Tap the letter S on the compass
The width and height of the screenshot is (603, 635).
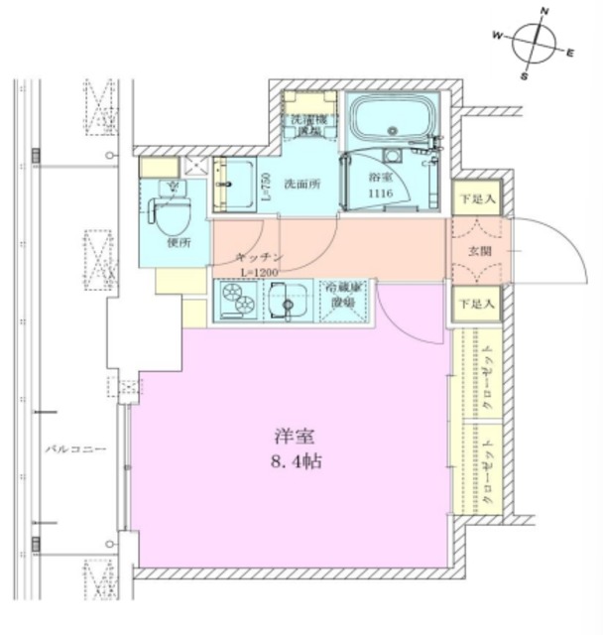pyautogui.click(x=525, y=75)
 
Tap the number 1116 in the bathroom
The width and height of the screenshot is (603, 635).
pyautogui.click(x=380, y=193)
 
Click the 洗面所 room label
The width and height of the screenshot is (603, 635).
pyautogui.click(x=301, y=184)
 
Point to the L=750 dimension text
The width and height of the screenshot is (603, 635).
pyautogui.click(x=266, y=186)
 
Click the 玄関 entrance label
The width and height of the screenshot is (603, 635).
pyautogui.click(x=479, y=252)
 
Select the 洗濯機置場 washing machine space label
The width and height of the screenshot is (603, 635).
pyautogui.click(x=306, y=123)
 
